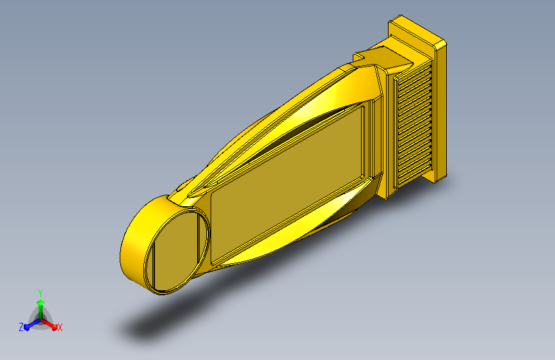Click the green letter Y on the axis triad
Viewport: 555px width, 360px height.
click(x=40, y=293)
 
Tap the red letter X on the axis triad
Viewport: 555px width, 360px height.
click(x=60, y=327)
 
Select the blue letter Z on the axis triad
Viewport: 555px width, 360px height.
click(x=21, y=327)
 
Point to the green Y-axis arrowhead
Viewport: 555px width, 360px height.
click(x=40, y=302)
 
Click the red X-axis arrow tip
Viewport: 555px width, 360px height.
click(x=54, y=327)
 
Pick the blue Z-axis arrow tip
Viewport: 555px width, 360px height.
click(x=27, y=327)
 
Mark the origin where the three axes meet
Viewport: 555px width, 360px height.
click(x=40, y=320)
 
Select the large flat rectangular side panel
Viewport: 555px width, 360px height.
click(x=287, y=184)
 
